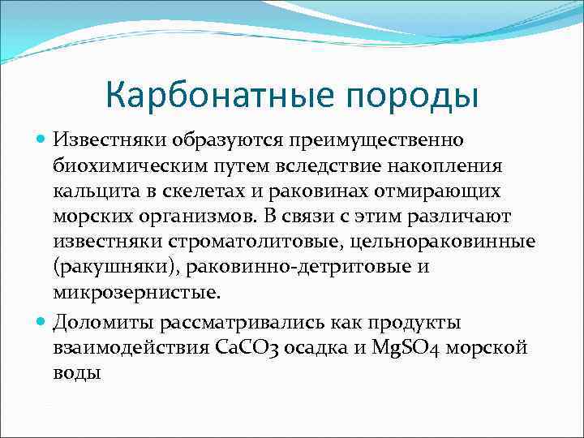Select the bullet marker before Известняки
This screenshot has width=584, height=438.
point(43,140)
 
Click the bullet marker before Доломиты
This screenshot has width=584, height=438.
point(43,323)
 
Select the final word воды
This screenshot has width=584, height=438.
point(77,374)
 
